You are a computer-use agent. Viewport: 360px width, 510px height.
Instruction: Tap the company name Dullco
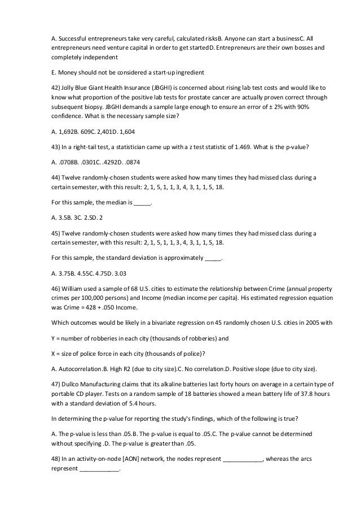pos(72,384)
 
